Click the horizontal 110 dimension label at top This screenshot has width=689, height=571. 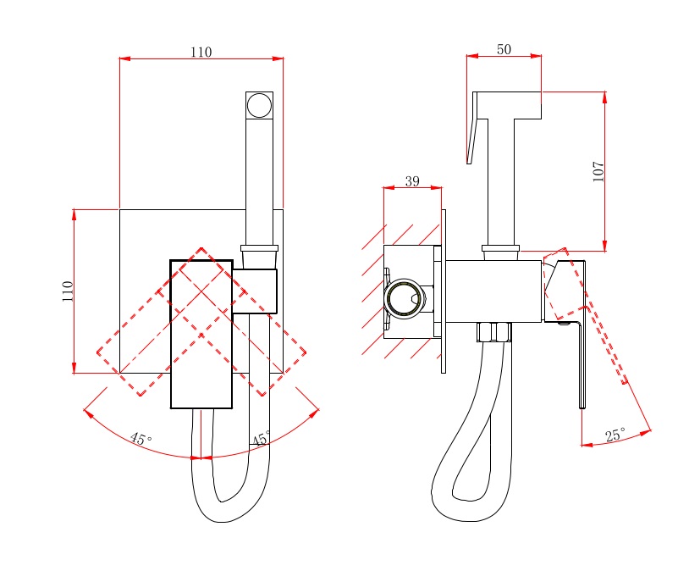pyautogui.click(x=201, y=52)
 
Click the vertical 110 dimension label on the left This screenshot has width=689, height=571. pyautogui.click(x=67, y=291)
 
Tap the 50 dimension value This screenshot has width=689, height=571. pyautogui.click(x=504, y=49)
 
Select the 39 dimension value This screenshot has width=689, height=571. pyautogui.click(x=412, y=180)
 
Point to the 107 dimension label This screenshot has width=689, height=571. pyautogui.click(x=598, y=172)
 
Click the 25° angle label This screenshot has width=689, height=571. pyautogui.click(x=615, y=435)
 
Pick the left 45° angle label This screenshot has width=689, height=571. pyautogui.click(x=141, y=439)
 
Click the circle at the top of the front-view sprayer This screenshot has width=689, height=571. pyautogui.click(x=259, y=106)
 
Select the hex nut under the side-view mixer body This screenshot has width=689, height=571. pyautogui.click(x=494, y=332)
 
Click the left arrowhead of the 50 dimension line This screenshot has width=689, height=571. pyautogui.click(x=472, y=56)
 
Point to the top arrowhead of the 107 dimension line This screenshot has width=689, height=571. pyautogui.click(x=605, y=97)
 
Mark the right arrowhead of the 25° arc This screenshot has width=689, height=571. pyautogui.click(x=646, y=433)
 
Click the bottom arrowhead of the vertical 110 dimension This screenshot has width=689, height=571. pyautogui.click(x=74, y=368)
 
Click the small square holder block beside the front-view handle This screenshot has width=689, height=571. pyautogui.click(x=255, y=291)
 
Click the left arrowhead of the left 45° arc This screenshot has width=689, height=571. pyautogui.click(x=89, y=413)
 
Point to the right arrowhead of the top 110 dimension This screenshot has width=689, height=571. pyautogui.click(x=278, y=58)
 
